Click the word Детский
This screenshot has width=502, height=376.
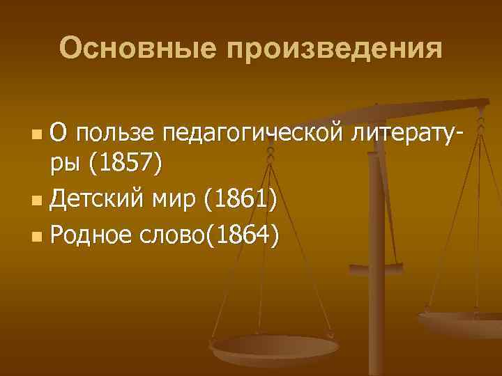point(96,202)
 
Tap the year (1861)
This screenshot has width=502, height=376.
point(240,202)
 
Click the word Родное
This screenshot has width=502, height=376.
point(94,237)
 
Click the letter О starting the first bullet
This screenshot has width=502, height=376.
point(61,131)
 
